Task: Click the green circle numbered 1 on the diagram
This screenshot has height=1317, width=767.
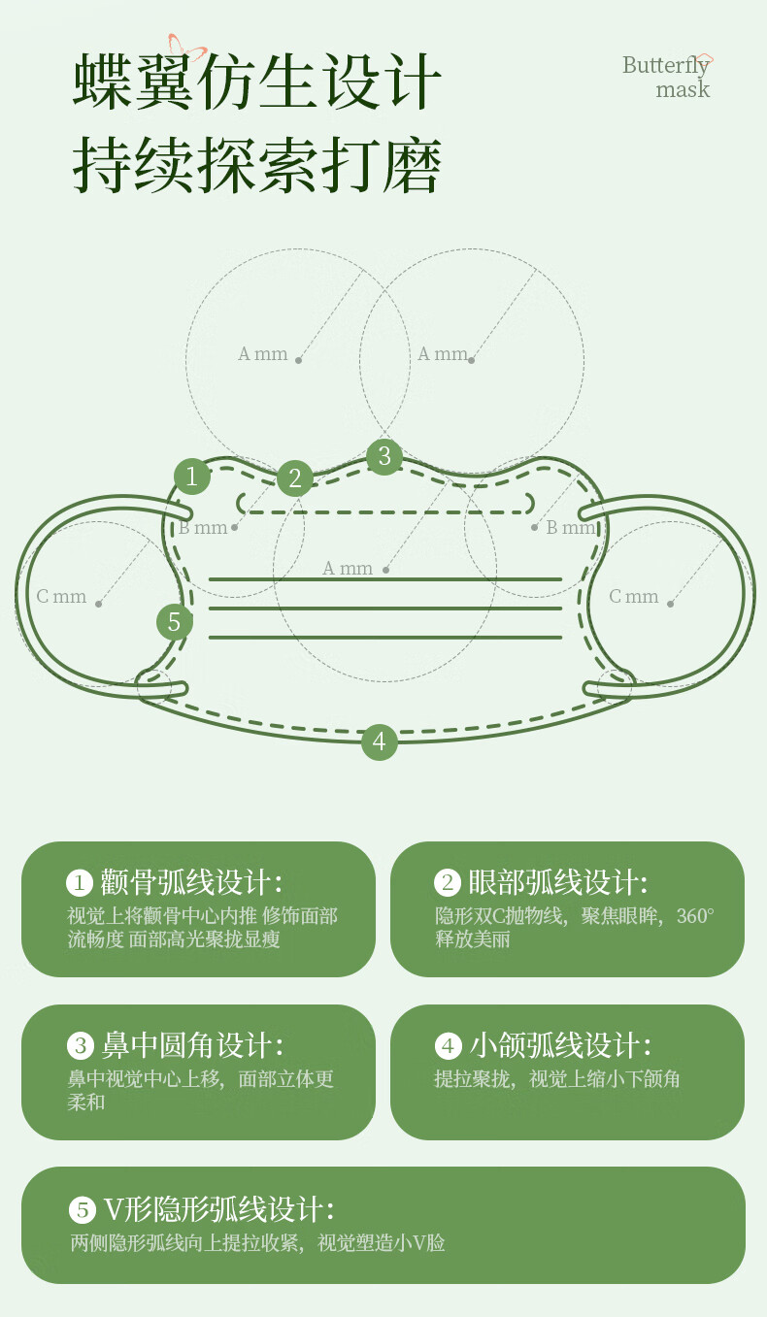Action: coord(192,477)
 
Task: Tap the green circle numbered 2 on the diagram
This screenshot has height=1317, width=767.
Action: coord(295,477)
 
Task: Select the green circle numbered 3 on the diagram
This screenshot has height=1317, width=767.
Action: coord(384,456)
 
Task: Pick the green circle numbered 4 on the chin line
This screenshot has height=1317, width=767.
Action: coord(380,742)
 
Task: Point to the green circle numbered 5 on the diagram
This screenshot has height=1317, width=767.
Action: coord(174,622)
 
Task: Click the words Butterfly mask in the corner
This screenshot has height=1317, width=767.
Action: coord(667,77)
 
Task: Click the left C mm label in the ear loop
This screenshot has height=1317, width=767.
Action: coord(61,597)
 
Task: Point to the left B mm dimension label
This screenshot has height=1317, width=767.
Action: coord(203,528)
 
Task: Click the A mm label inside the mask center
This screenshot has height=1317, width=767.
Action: coord(348,569)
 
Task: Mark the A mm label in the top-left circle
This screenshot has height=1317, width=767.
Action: coord(263,355)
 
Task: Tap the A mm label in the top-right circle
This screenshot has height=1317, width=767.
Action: coord(443,355)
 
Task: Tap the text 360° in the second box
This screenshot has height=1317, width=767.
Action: coord(695,916)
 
